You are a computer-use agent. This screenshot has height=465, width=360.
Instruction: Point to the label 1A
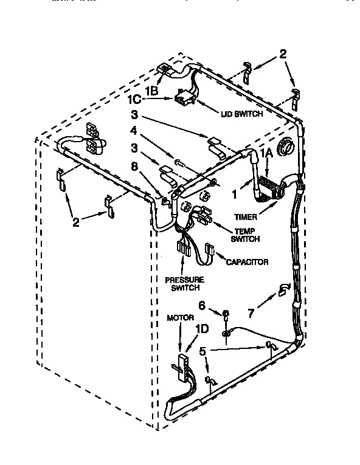click(x=266, y=153)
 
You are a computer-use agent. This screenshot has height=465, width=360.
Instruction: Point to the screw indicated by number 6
click(x=225, y=315)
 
